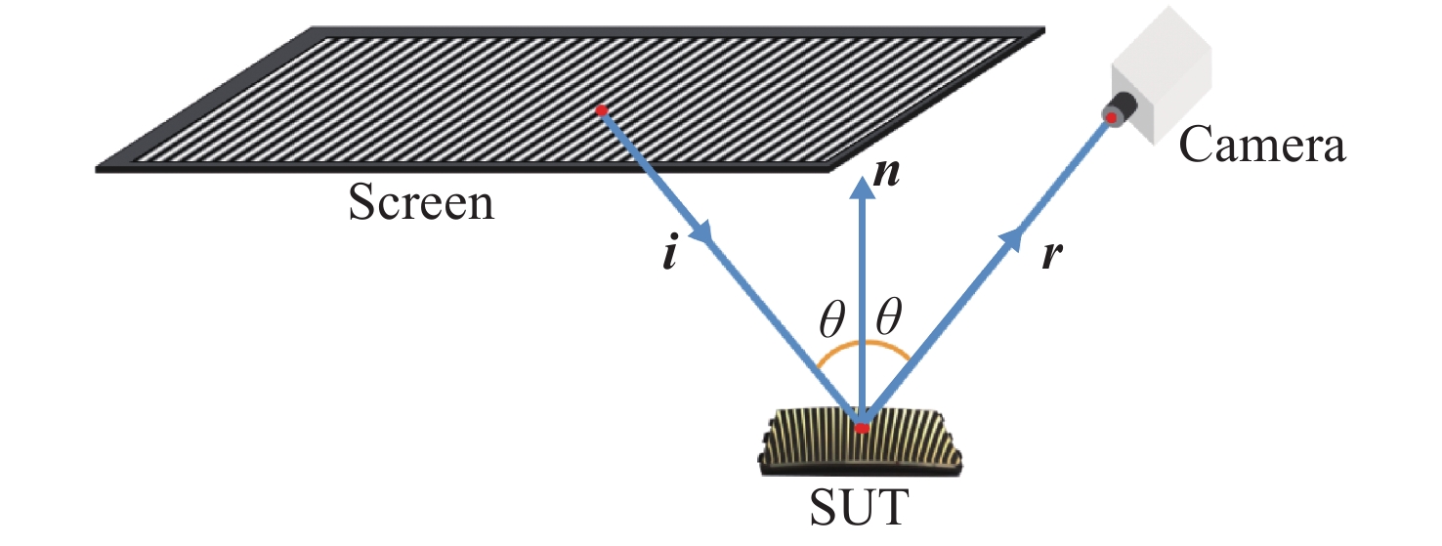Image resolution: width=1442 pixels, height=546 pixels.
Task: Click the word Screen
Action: click(421, 202)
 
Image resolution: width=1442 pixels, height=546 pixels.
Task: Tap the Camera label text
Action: click(1262, 145)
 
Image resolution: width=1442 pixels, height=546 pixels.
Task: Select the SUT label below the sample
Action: click(860, 508)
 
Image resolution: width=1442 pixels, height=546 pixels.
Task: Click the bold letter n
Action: click(886, 173)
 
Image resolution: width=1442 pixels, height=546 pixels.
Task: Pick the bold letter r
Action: click(1052, 255)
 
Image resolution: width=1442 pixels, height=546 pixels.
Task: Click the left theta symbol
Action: click(831, 318)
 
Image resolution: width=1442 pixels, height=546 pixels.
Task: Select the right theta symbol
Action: click(888, 315)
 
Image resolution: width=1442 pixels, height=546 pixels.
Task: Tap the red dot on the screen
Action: click(602, 110)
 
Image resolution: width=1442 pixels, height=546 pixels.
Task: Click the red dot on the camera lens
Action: click(1112, 117)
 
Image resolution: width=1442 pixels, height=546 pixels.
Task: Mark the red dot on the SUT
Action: click(862, 428)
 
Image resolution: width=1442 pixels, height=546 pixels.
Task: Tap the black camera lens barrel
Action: click(1121, 108)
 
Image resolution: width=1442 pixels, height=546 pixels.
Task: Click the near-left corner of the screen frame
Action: click(97, 170)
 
